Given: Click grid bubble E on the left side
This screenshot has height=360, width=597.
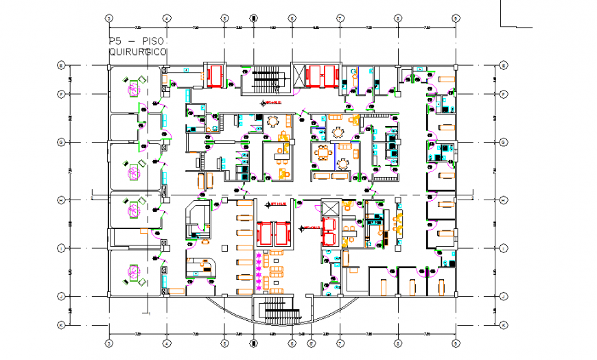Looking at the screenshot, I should tap(61, 66).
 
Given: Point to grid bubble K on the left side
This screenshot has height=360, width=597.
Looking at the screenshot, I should tap(61, 325).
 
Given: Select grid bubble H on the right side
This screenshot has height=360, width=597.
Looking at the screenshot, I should tap(503, 200).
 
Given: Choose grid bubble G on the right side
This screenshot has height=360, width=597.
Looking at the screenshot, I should tap(503, 142).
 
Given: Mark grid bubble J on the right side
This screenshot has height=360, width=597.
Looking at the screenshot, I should tap(503, 296).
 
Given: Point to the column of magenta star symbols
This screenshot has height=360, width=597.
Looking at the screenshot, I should tap(259, 270).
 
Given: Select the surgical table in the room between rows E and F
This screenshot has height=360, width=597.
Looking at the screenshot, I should tap(132, 86).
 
